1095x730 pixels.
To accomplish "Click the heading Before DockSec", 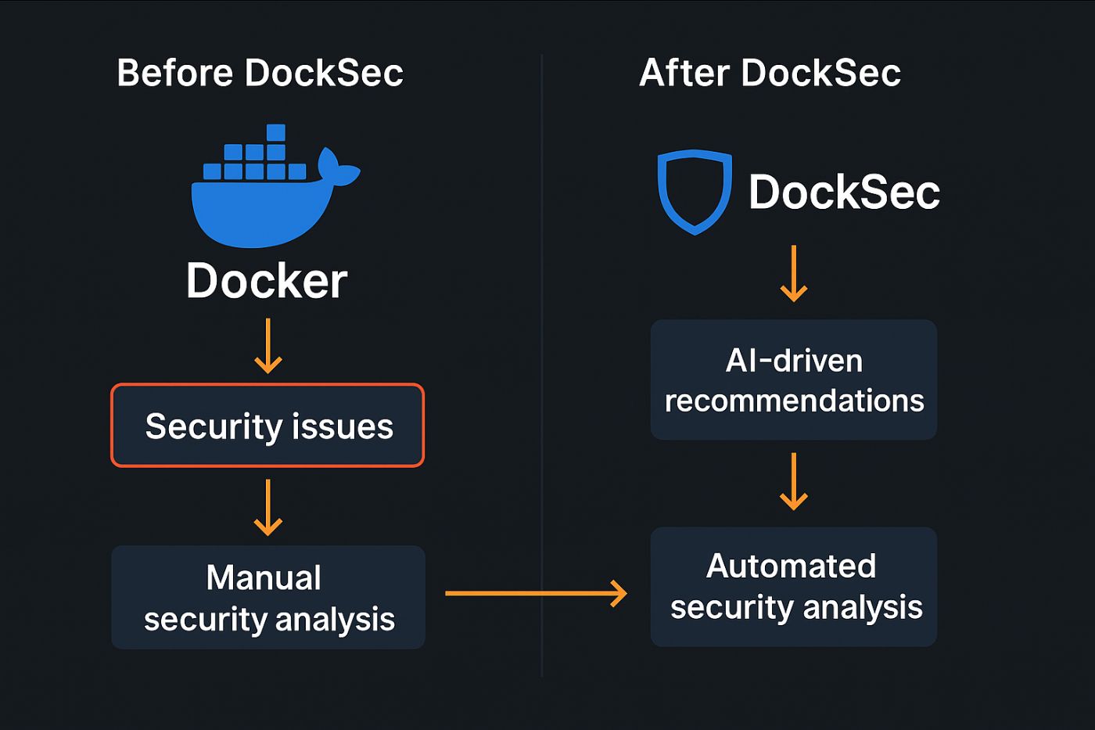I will coord(260,74).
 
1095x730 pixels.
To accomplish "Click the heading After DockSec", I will coord(770,74).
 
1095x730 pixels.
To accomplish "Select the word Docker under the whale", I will coord(267,281).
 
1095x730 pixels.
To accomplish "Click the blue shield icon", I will coord(695,191).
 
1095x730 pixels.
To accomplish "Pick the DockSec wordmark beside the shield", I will coord(844,192).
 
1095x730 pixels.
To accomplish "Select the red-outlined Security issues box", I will coord(267,426).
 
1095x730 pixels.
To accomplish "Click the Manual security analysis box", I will coord(268,597).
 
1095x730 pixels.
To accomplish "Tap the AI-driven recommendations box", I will coord(794,379).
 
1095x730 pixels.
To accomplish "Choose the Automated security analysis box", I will coord(794,587).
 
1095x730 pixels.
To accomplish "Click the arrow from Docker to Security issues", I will coord(268,346).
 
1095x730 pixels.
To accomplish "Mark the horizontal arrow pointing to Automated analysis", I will coord(536,593).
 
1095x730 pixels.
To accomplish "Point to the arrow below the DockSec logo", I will coord(794,274).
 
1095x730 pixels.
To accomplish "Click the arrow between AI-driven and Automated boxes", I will coord(794,481).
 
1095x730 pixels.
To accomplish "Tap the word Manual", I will coord(264,578).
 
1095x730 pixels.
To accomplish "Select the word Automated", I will coord(791,566).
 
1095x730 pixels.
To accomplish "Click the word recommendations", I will coord(794,401).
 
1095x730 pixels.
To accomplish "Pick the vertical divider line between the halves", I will coord(541,368).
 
